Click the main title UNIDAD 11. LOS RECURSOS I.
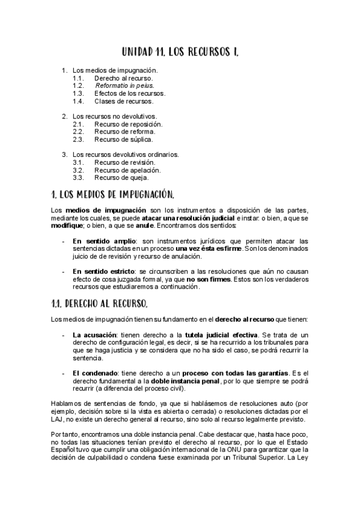(180, 52)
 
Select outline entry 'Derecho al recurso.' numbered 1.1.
(123, 78)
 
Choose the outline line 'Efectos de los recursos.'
(130, 93)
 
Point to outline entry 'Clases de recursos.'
(123, 101)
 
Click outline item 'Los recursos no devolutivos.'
(114, 116)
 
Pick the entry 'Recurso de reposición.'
(128, 124)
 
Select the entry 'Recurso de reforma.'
(124, 131)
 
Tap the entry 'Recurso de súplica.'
(123, 139)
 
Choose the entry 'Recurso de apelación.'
(126, 170)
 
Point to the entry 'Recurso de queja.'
(121, 177)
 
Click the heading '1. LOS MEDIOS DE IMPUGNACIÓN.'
(114, 194)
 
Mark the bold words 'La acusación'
(93, 334)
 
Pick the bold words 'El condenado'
(94, 373)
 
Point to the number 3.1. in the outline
(78, 162)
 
